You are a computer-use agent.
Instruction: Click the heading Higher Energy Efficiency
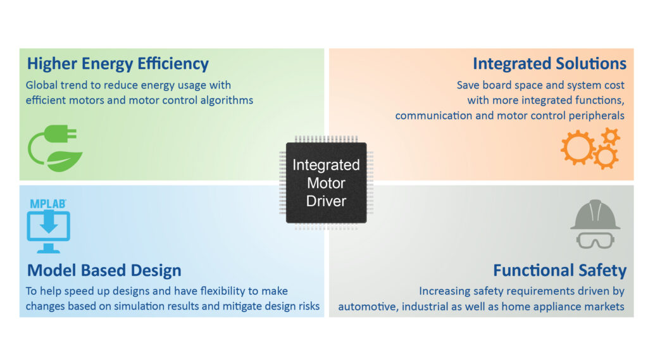[x=118, y=64]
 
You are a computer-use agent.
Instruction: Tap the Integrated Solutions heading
[x=549, y=64]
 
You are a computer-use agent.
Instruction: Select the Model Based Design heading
[x=104, y=271]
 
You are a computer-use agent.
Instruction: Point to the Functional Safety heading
[x=559, y=271]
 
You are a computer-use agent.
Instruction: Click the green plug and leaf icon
[x=53, y=149]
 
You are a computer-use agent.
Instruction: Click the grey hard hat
[x=595, y=215]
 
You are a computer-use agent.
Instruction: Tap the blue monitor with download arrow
[x=48, y=232]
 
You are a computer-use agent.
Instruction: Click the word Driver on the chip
[x=326, y=201]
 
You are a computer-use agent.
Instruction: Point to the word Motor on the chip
[x=326, y=183]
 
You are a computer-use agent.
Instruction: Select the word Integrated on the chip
[x=326, y=166]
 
